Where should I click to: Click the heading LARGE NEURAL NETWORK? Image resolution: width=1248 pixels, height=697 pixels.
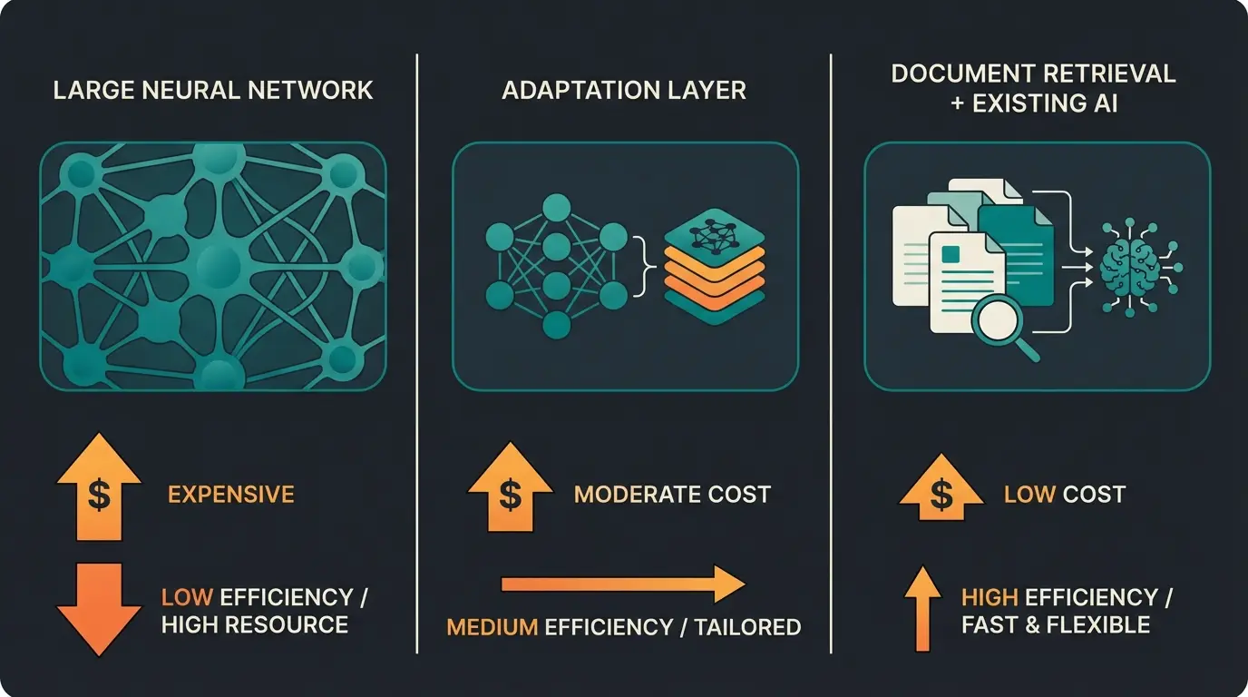pyautogui.click(x=213, y=91)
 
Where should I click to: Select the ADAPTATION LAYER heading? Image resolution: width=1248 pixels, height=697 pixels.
pyautogui.click(x=624, y=91)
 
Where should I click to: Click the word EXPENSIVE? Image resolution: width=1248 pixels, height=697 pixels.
pyautogui.click(x=231, y=495)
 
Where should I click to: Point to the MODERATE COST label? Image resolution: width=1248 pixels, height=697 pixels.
pyautogui.click(x=672, y=495)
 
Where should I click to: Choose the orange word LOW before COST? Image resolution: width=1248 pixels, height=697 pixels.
pyautogui.click(x=1029, y=495)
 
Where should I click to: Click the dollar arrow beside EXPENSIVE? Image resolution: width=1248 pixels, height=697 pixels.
pyautogui.click(x=99, y=490)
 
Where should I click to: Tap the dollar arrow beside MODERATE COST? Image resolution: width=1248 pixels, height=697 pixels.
pyautogui.click(x=510, y=490)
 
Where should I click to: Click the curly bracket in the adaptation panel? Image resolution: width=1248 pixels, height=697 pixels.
pyautogui.click(x=647, y=265)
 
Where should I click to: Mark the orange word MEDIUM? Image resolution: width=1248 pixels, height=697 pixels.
pyautogui.click(x=493, y=627)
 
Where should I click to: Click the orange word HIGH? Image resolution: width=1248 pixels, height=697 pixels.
pyautogui.click(x=989, y=597)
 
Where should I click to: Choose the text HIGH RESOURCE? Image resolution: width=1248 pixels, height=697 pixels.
pyautogui.click(x=254, y=624)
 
